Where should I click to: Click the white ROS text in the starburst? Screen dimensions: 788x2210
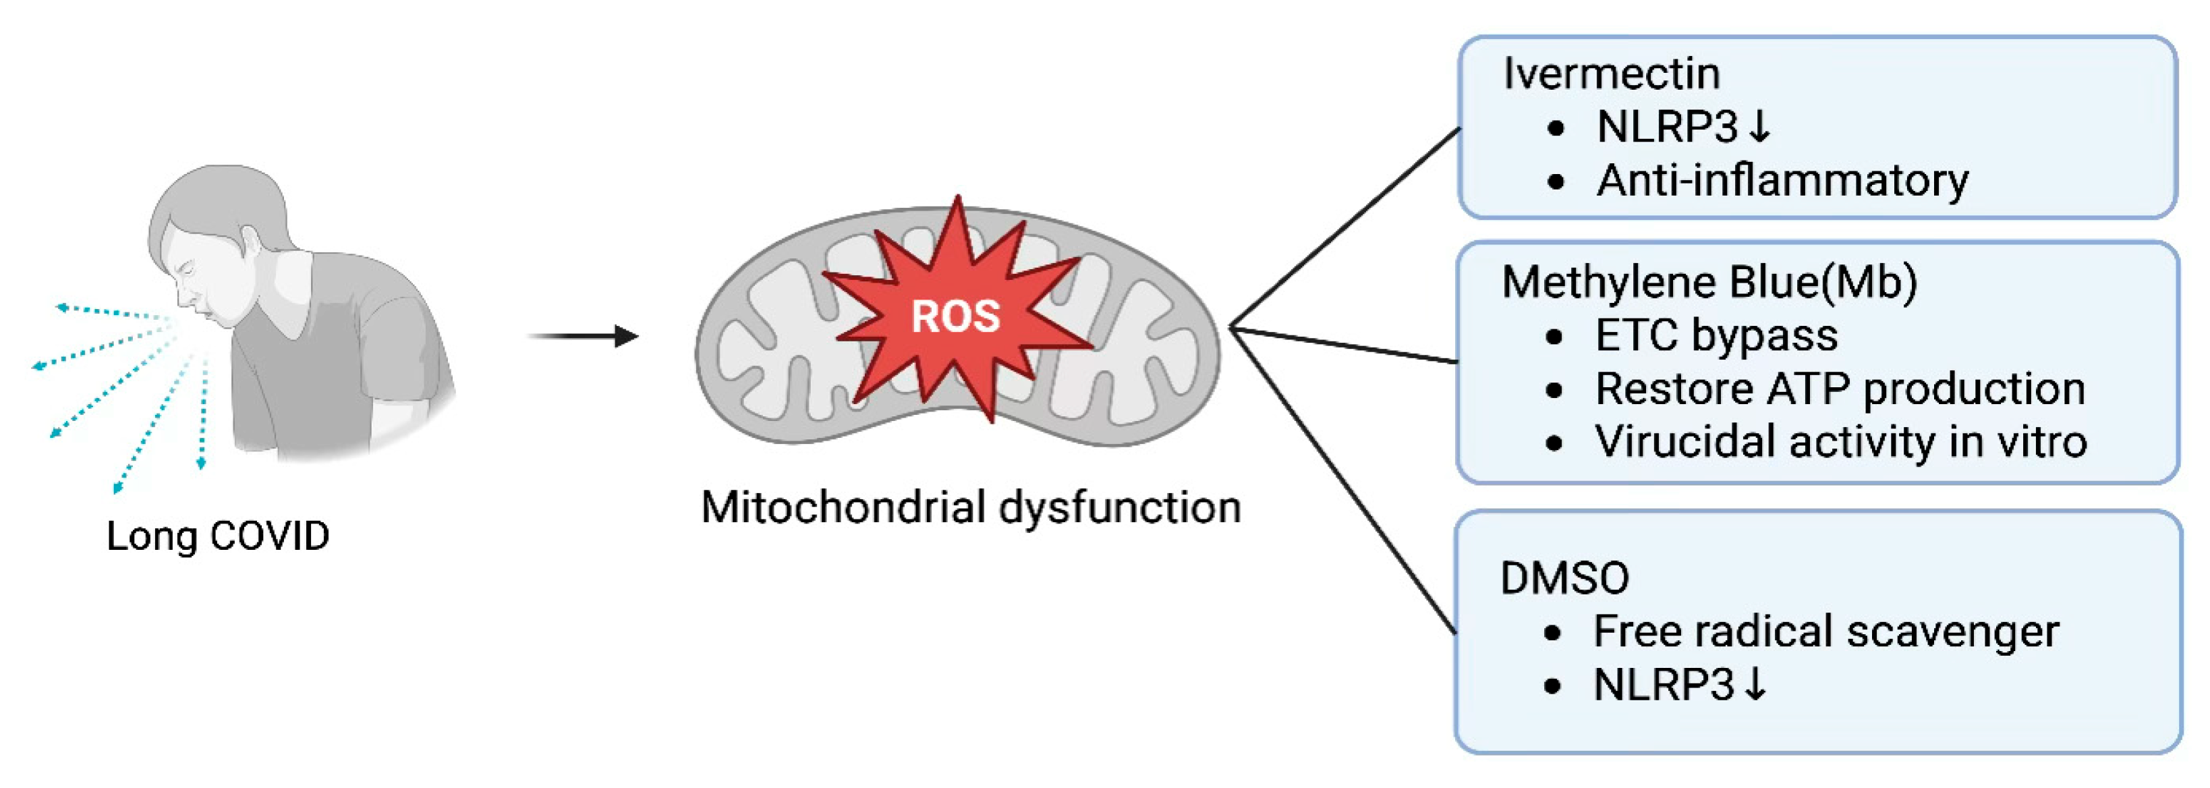point(955,316)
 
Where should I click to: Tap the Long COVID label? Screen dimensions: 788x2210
point(217,536)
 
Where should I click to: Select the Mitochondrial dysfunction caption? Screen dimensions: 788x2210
point(970,507)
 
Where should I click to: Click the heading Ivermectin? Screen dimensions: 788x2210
point(1610,73)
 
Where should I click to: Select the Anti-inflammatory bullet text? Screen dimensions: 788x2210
point(1782,180)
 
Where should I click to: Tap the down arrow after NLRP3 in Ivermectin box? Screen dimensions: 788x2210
point(1759,127)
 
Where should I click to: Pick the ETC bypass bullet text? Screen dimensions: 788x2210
point(1716,335)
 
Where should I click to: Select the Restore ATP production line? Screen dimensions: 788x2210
point(1840,388)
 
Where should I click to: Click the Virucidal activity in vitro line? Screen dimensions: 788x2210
point(1840,441)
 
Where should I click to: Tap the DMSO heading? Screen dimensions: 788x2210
point(1564,578)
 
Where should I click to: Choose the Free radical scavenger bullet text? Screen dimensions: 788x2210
point(1825,631)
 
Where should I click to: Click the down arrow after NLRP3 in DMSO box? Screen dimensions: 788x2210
point(1756,684)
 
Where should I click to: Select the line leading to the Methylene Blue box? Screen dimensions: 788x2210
point(1344,344)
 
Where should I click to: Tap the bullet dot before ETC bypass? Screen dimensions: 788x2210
point(1554,337)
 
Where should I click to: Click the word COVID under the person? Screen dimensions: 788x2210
point(269,536)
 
